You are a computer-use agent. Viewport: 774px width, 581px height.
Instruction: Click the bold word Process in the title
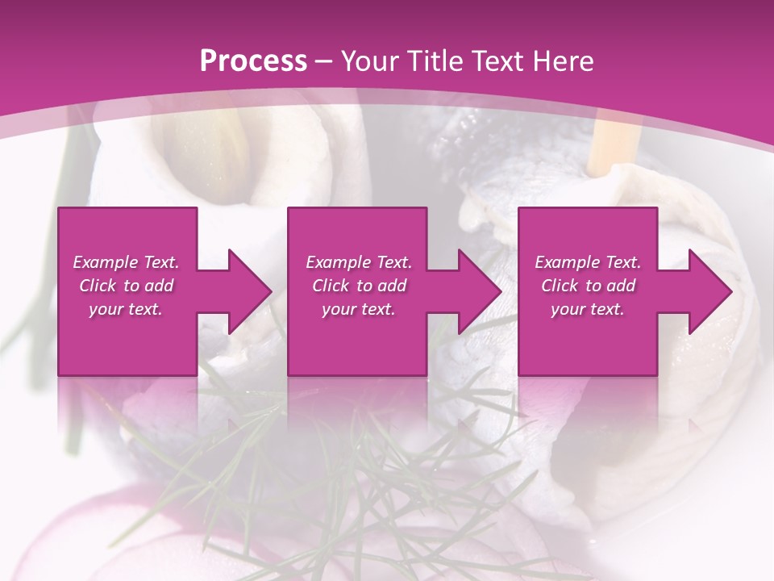(253, 61)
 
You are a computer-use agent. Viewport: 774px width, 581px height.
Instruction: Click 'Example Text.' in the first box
(126, 262)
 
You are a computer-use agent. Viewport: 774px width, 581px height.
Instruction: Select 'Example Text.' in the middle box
(359, 262)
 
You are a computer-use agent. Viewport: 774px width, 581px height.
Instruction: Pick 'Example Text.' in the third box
(588, 262)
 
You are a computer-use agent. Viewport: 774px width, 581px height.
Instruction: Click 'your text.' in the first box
(126, 309)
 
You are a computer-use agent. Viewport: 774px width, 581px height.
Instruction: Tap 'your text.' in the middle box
(359, 309)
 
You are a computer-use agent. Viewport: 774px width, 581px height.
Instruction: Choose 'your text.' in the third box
(588, 309)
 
